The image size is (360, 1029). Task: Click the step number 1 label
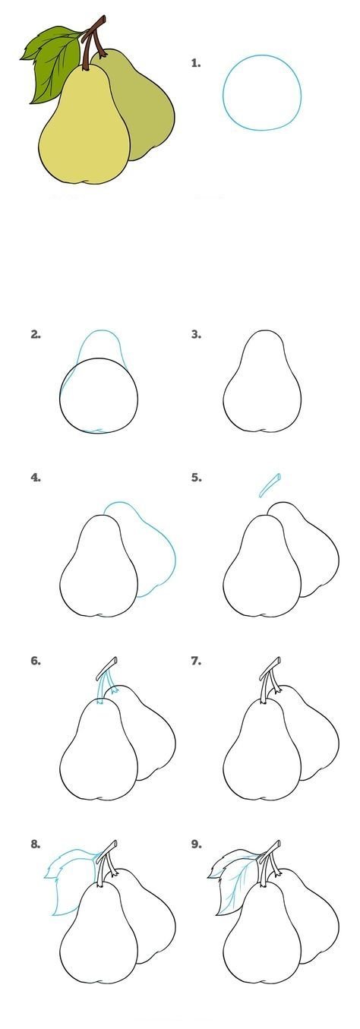[196, 63]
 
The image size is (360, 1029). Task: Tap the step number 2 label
[36, 334]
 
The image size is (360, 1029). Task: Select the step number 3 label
[196, 334]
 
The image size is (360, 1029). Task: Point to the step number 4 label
[36, 478]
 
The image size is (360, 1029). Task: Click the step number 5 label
[196, 478]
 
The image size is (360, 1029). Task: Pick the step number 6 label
[36, 661]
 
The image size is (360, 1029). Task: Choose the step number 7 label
[196, 661]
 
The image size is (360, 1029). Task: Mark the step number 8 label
[36, 844]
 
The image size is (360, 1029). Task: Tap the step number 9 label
[196, 844]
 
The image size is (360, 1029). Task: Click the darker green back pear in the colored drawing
[142, 106]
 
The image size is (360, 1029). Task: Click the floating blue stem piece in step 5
[270, 485]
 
